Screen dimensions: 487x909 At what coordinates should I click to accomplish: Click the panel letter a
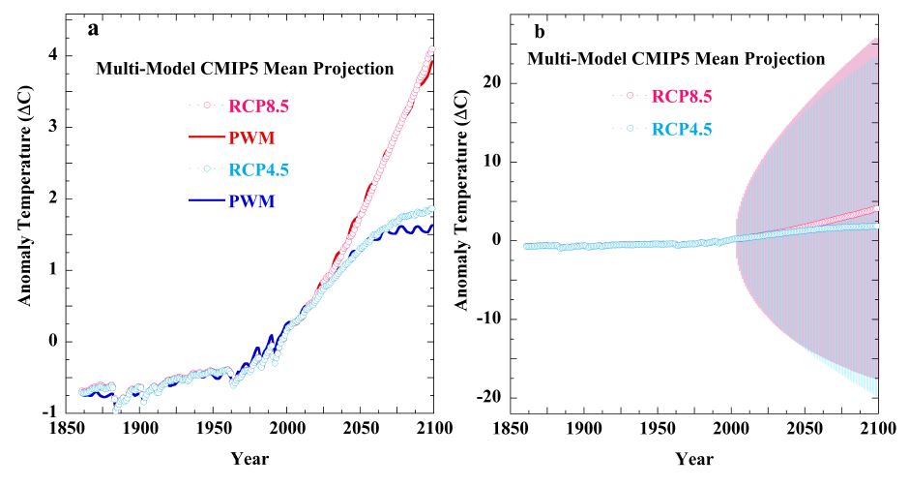pyautogui.click(x=94, y=28)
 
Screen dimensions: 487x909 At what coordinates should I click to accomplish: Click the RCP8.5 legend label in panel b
pyautogui.click(x=682, y=95)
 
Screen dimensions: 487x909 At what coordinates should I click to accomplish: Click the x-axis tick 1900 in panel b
pyautogui.click(x=582, y=428)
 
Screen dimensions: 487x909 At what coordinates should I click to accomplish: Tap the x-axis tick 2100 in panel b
pyautogui.click(x=876, y=428)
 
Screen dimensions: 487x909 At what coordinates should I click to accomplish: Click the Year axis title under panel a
pyautogui.click(x=249, y=458)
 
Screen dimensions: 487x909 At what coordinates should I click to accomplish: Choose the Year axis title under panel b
pyautogui.click(x=694, y=458)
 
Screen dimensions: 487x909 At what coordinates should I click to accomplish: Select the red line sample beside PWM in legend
pyautogui.click(x=208, y=137)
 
